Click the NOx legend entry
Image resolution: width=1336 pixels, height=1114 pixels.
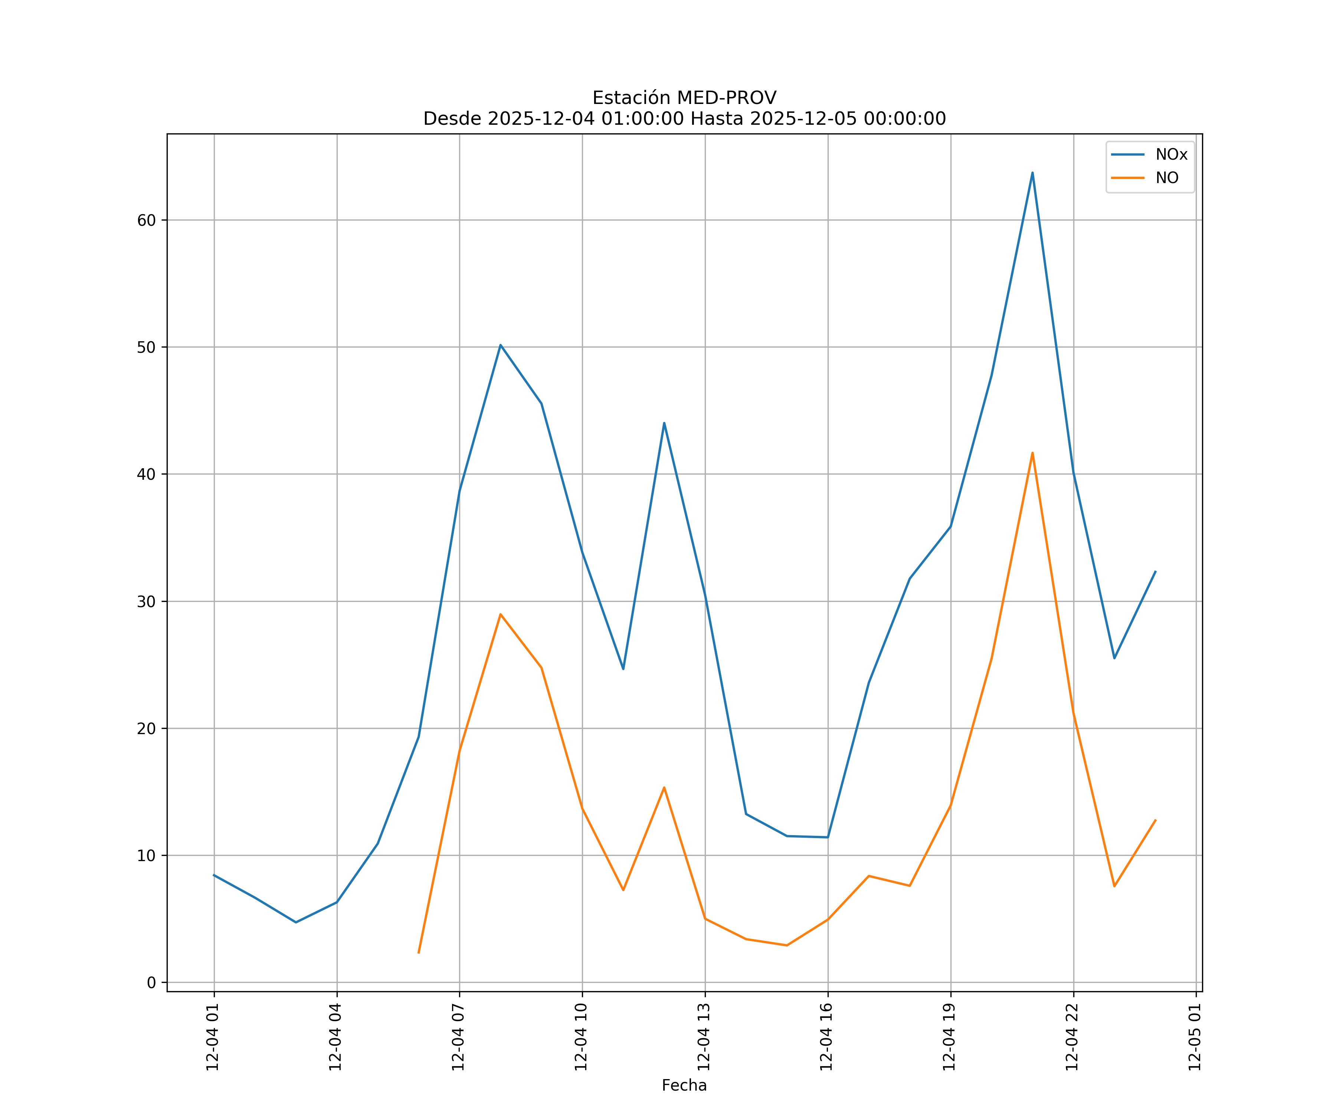[1170, 155]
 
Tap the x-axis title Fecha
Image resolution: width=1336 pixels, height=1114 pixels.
[684, 1085]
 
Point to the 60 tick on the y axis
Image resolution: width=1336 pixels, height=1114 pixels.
[146, 220]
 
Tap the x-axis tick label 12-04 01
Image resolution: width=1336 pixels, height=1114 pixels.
[213, 1037]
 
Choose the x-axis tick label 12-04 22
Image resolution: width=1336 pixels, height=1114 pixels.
[1072, 1037]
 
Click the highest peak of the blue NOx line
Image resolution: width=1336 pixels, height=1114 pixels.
[1032, 173]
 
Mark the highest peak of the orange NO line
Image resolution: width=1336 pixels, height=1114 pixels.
[1032, 453]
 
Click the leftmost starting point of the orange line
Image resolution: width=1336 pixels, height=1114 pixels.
[419, 953]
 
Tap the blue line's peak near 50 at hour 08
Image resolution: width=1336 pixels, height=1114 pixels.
[501, 345]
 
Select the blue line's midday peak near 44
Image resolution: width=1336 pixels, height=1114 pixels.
[664, 423]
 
